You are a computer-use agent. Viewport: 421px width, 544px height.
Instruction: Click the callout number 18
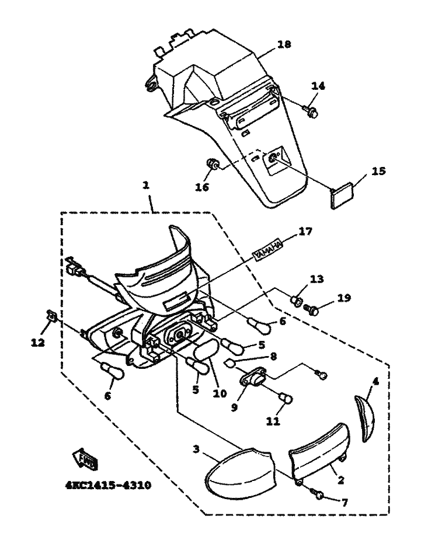point(284,44)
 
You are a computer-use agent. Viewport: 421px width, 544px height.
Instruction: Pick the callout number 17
point(305,231)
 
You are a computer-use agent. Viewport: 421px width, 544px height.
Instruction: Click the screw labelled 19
point(312,309)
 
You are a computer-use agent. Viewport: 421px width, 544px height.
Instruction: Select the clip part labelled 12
point(51,316)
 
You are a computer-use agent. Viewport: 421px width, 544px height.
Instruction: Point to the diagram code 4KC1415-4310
point(108,485)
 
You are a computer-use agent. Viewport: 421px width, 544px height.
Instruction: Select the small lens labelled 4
point(364,419)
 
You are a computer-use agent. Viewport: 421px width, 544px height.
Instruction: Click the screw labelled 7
point(318,494)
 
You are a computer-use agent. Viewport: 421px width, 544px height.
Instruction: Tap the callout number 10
point(220,393)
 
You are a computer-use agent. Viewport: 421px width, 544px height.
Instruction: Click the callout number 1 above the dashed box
point(146,186)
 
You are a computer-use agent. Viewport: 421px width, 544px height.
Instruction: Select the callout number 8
point(273,357)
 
